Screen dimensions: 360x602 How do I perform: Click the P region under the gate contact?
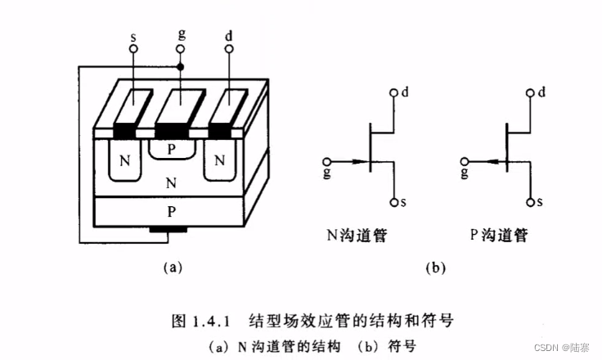[x=172, y=150]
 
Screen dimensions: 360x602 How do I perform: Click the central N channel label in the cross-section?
[x=170, y=182]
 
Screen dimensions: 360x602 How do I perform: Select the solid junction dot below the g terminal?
[x=180, y=65]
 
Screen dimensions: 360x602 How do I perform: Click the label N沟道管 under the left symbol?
[x=358, y=236]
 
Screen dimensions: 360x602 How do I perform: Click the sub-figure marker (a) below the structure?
[x=171, y=267]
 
